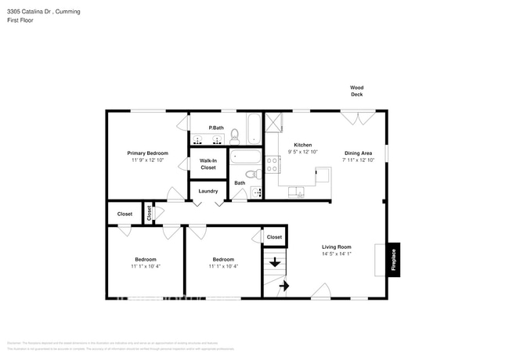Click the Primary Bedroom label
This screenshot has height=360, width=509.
pos(148,153)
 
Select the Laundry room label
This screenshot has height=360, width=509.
pos(208,191)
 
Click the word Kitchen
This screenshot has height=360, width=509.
pos(303,146)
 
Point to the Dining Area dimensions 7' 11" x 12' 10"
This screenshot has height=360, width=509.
pos(358,160)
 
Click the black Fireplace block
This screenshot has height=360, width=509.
pos(394,258)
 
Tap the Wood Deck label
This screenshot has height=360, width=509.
pos(356,91)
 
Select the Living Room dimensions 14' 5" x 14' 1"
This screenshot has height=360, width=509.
pos(336,254)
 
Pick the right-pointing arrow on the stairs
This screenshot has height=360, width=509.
pos(283,287)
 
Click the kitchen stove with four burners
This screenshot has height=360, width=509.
pos(273,164)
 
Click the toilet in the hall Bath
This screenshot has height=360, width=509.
pos(251,174)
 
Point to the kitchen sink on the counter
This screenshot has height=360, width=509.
pos(298,190)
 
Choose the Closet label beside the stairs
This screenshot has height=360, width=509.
pos(274,237)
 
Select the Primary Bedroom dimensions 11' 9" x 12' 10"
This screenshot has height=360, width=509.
pos(148,160)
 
